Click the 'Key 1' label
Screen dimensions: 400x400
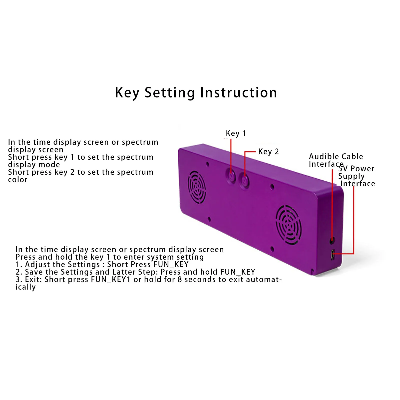click(x=236, y=133)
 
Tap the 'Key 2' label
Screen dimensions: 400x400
click(x=268, y=152)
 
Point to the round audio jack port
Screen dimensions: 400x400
click(x=332, y=240)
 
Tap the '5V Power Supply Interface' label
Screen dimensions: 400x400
click(x=356, y=176)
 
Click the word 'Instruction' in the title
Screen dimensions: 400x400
click(x=239, y=93)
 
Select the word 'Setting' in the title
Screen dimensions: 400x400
click(x=170, y=93)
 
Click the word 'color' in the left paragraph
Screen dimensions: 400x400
click(x=17, y=180)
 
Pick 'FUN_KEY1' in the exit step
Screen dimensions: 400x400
click(x=111, y=279)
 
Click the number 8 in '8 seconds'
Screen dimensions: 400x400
click(x=180, y=279)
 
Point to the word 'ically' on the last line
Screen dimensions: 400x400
click(x=25, y=287)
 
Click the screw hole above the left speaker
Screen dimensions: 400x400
click(x=207, y=164)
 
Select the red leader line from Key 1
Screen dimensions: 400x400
click(x=231, y=155)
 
